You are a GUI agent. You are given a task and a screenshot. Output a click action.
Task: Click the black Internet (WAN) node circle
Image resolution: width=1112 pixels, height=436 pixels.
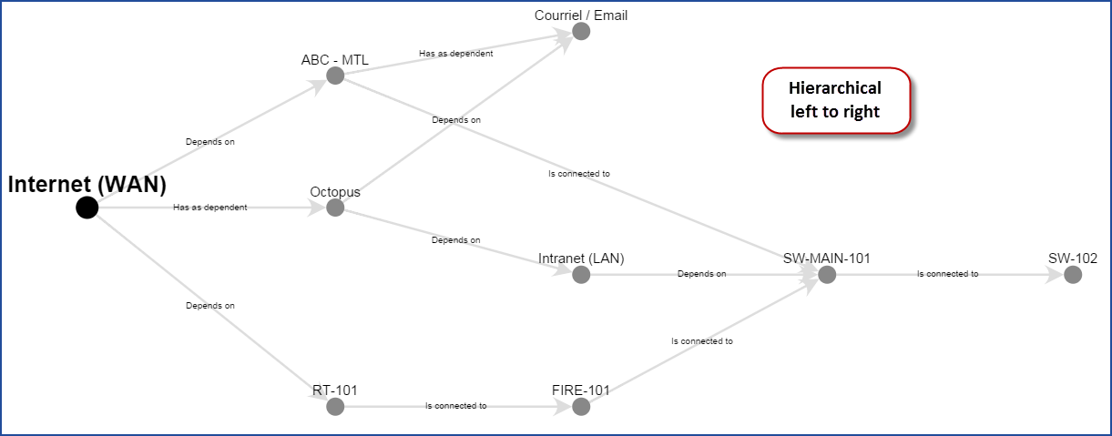[x=87, y=208]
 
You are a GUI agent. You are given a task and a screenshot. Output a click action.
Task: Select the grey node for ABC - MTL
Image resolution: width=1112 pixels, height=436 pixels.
[x=335, y=76]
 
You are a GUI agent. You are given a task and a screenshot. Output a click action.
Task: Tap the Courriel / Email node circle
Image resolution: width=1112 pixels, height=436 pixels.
[x=581, y=32]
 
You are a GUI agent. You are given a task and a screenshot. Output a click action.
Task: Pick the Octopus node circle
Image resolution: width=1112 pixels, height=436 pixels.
[x=335, y=208]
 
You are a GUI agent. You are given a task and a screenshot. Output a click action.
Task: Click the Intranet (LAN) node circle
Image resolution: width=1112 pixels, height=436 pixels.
[x=581, y=275]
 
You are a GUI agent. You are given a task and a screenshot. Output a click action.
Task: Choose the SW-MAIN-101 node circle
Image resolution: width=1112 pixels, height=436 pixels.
[x=827, y=275]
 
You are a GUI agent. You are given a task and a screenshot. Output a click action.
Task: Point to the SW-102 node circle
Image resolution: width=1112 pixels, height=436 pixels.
[x=1073, y=275]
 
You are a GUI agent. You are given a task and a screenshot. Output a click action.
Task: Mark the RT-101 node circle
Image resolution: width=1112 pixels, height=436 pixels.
[x=335, y=407]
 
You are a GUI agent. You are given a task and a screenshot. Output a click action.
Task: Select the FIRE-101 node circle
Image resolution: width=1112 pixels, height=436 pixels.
[x=581, y=407]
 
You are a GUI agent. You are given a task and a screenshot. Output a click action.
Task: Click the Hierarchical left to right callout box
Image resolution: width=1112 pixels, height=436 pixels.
[x=836, y=100]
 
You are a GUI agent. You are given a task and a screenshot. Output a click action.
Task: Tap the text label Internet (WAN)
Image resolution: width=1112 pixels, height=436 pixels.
[x=87, y=184]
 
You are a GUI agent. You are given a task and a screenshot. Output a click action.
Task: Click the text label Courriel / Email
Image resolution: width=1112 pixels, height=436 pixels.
[x=581, y=15]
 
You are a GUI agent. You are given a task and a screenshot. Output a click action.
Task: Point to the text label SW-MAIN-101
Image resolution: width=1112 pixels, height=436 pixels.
[x=827, y=259]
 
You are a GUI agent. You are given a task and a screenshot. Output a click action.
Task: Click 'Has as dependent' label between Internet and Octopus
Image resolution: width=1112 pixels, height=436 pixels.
[x=210, y=208]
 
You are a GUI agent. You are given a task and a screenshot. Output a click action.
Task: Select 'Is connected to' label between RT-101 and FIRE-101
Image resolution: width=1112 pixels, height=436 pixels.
[x=455, y=406]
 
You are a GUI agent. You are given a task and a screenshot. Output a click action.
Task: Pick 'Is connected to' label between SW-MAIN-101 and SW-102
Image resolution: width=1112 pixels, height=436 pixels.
[x=947, y=273]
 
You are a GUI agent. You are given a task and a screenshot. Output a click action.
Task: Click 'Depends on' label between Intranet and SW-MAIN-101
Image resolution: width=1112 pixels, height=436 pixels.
[x=701, y=273]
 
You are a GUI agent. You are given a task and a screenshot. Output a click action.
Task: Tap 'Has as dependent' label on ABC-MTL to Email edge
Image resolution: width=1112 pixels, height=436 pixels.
[x=455, y=54]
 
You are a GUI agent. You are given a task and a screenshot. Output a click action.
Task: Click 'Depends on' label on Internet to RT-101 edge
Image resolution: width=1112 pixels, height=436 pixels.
[x=210, y=306]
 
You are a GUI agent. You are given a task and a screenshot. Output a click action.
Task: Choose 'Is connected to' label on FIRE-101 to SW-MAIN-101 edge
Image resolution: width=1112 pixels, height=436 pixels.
[x=702, y=341]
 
